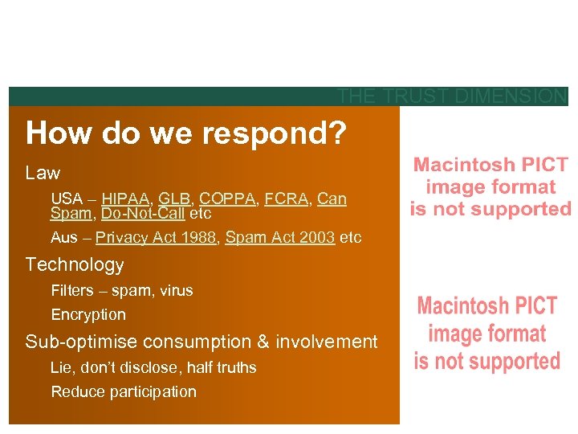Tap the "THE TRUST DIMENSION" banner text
click(x=452, y=96)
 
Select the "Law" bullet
click(x=43, y=173)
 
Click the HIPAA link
click(x=125, y=199)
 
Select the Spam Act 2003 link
click(x=280, y=238)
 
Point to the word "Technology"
click(x=75, y=264)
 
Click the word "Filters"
click(x=72, y=290)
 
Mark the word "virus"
click(x=175, y=290)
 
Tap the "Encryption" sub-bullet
click(x=88, y=314)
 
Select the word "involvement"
click(x=326, y=342)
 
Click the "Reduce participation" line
click(x=124, y=391)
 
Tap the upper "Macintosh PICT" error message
click(x=490, y=187)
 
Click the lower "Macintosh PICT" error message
click(x=487, y=333)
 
